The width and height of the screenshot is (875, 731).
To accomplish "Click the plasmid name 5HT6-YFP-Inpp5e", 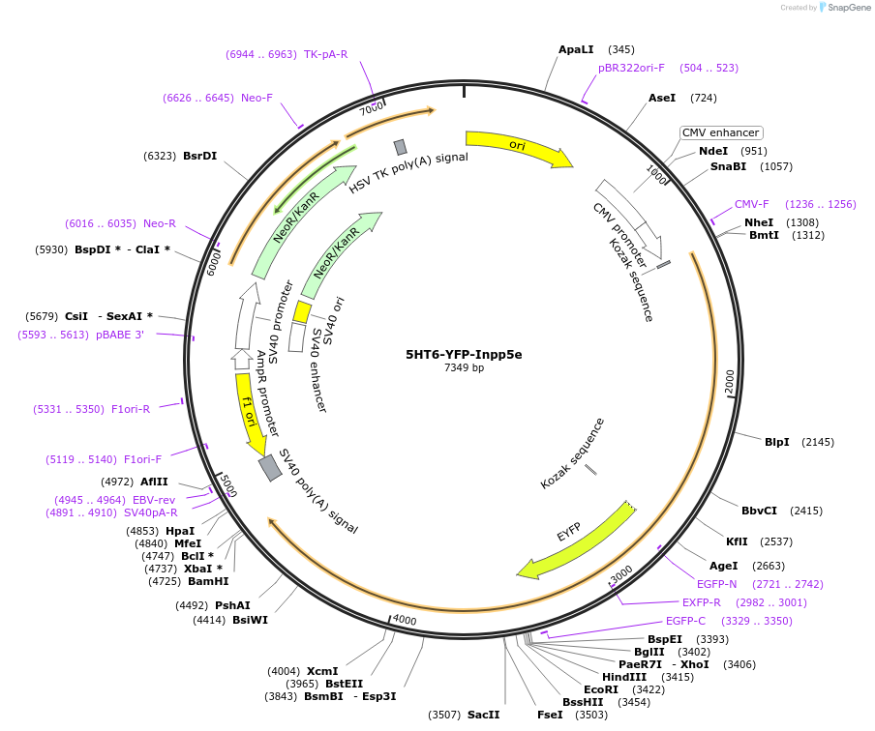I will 464,354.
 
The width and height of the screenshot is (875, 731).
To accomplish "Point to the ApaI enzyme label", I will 576,49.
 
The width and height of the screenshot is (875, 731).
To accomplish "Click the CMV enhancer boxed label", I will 721,132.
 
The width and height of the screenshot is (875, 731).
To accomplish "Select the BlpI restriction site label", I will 776,442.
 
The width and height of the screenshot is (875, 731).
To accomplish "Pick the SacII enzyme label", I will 483,715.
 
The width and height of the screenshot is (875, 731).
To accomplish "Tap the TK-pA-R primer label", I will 325,54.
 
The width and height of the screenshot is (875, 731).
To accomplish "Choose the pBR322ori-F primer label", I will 631,68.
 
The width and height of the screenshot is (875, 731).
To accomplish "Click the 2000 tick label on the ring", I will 730,382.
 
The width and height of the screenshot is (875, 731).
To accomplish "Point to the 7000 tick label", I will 372,108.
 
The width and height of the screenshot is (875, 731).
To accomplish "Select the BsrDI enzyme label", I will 199,155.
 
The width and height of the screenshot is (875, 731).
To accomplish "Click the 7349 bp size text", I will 464,368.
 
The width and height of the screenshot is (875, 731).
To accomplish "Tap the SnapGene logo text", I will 845,8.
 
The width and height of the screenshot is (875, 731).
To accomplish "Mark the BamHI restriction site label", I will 208,581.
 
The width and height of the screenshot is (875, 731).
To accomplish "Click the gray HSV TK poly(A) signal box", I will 400,147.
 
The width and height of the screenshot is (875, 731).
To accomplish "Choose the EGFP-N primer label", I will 717,584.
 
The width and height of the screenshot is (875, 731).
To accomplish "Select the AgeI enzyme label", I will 724,566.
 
